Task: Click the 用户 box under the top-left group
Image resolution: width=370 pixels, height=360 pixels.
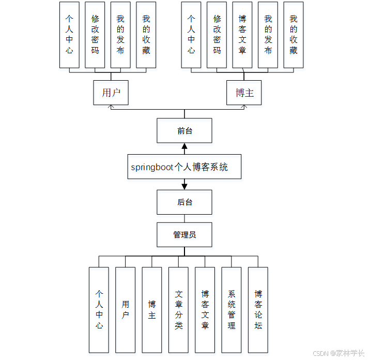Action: [x=111, y=93]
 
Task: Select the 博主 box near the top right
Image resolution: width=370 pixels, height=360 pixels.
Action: [x=244, y=93]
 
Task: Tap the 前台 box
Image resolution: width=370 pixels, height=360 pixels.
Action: [x=184, y=131]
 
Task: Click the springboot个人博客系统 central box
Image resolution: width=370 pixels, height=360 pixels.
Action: [x=184, y=167]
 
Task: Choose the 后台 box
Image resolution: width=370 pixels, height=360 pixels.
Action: [x=184, y=202]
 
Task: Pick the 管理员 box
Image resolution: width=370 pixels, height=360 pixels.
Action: [x=184, y=235]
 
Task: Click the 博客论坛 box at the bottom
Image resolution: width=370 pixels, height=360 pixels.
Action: [x=258, y=309]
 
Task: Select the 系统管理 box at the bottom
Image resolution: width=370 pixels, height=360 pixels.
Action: [x=232, y=309]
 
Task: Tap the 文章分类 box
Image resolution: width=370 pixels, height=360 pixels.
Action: [x=178, y=309]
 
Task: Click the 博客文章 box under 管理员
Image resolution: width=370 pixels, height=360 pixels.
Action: [x=205, y=309]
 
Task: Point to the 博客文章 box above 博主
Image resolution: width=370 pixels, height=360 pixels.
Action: [x=242, y=35]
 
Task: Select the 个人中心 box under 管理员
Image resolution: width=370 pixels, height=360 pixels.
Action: [x=99, y=309]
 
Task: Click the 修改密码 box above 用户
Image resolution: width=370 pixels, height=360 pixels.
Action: [x=95, y=35]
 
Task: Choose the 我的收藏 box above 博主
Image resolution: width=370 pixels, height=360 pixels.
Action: [x=293, y=35]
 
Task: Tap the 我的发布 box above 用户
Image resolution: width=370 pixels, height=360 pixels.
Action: [x=120, y=35]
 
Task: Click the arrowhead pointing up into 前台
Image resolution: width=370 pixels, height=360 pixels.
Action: [x=184, y=147]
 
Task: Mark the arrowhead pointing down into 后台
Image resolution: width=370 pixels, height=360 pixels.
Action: [x=184, y=186]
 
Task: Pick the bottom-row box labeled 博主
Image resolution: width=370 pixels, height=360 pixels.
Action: [x=152, y=309]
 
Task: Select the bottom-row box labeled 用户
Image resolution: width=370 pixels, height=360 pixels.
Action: [x=125, y=309]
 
